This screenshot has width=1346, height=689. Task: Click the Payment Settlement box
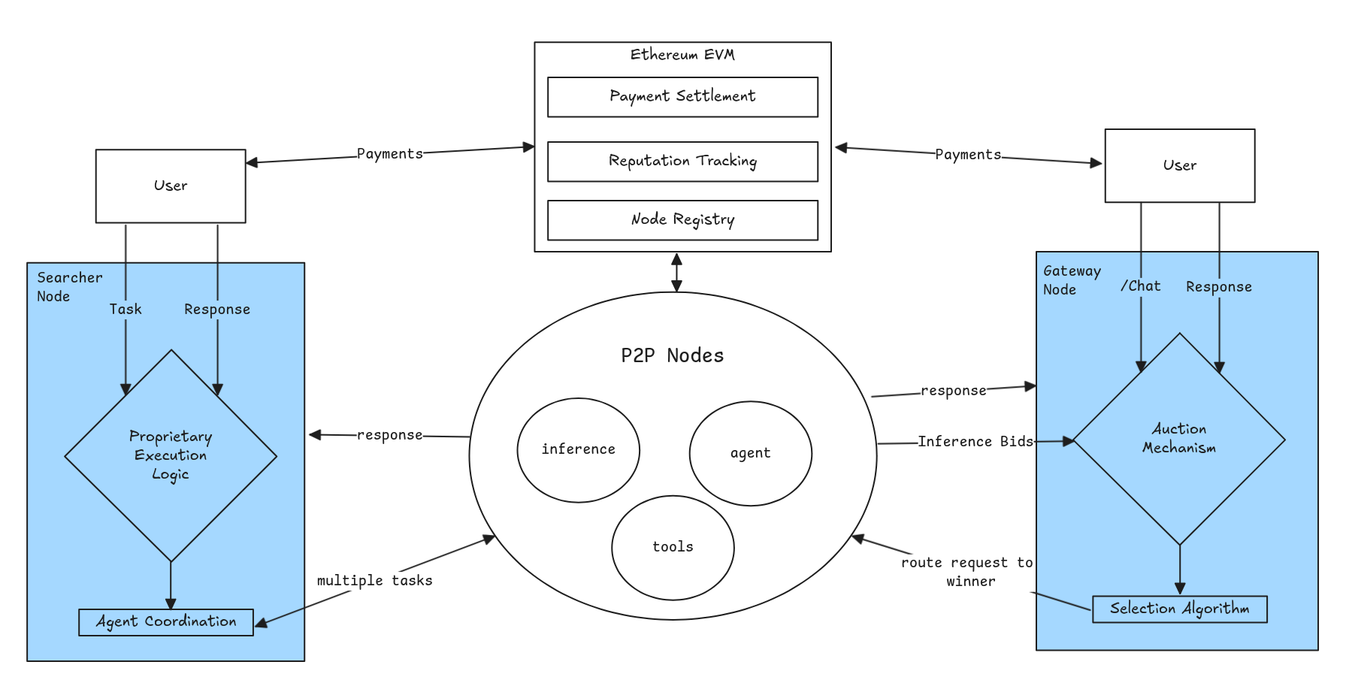(682, 97)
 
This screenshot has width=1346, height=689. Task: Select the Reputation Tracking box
(682, 162)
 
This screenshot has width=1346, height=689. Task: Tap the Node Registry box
(682, 220)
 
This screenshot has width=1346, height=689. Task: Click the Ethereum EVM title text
(682, 55)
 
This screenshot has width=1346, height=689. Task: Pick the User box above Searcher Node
(171, 186)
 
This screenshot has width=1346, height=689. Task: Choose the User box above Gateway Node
(1179, 165)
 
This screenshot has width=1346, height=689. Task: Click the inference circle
(578, 449)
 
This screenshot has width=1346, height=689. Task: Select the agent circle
(750, 453)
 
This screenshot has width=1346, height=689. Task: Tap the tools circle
(673, 547)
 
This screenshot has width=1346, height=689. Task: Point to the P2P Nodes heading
(672, 355)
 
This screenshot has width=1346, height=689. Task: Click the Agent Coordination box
(166, 622)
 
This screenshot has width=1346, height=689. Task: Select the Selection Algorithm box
(1179, 609)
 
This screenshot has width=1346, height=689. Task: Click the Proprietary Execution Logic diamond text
(171, 455)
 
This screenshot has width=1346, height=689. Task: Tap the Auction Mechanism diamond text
(1179, 439)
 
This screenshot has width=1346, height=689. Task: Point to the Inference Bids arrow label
(975, 442)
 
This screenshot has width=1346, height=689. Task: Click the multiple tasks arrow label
(374, 581)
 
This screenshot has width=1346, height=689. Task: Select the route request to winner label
(967, 572)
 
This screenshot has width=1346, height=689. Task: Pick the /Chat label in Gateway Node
(1140, 286)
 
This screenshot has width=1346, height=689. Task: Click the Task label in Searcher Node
(126, 310)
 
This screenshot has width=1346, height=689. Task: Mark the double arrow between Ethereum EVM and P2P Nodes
(676, 272)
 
